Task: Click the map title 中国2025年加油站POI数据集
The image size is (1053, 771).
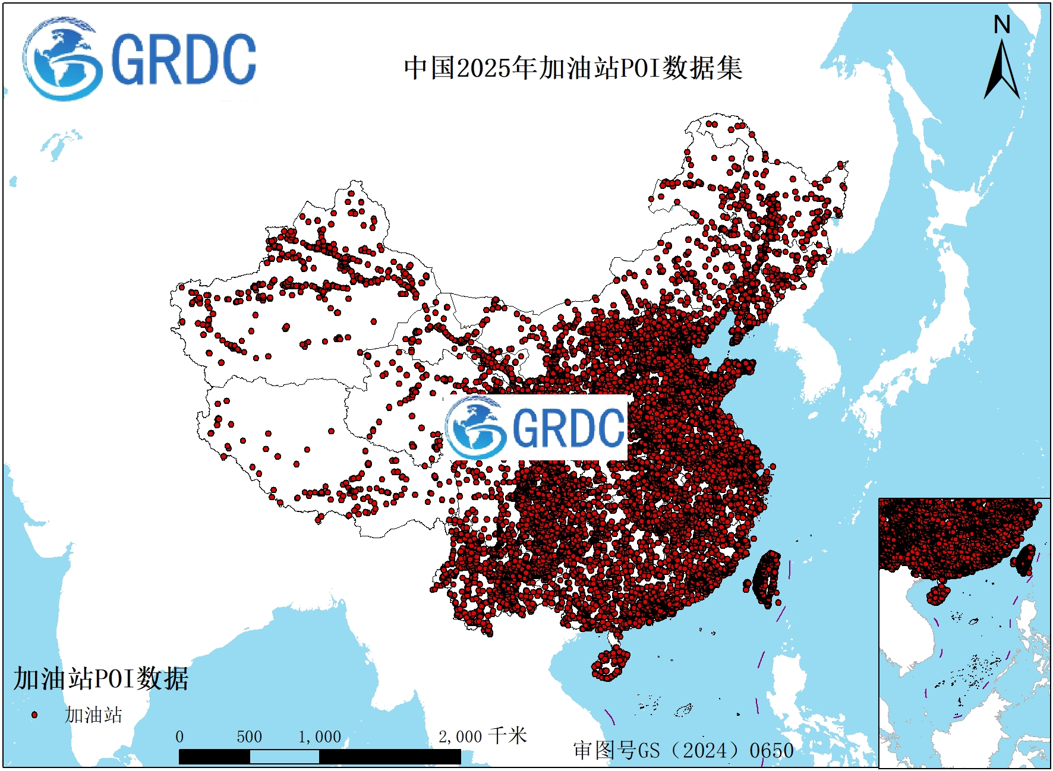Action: coord(573,68)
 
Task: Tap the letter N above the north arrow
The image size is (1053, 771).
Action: coord(1002,25)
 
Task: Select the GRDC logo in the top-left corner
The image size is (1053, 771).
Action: coord(140,59)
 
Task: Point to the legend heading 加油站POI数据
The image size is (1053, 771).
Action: coord(101,679)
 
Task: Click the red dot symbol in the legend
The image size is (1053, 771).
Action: coord(34,715)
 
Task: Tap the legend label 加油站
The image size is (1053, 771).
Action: coord(93,715)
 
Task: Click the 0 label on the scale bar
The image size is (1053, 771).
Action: coord(179,737)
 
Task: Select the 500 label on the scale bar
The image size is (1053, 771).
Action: coord(249,737)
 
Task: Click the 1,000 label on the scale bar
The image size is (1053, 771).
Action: coord(320,737)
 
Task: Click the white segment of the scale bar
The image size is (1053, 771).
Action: coord(284,757)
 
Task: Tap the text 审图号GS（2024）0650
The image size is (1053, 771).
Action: coord(683,750)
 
